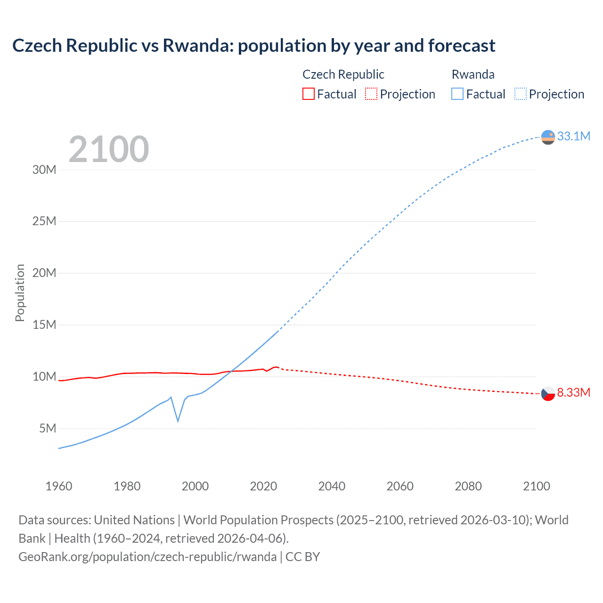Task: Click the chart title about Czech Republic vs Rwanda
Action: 253,46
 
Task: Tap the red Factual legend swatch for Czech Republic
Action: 308,94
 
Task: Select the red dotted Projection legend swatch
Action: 371,94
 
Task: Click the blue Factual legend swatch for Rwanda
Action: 457,94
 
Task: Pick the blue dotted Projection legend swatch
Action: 521,94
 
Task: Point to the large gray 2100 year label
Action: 109,149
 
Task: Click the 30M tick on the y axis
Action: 44,170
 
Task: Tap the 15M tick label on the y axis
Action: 44,325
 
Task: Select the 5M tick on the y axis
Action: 48,428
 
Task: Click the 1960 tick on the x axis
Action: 59,486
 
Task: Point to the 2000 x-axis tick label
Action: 195,486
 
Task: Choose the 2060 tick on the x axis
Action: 400,486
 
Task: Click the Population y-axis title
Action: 20,293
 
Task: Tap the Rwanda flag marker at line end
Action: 548,137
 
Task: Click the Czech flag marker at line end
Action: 548,393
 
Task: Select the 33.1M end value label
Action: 573,136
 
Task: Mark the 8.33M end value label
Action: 573,392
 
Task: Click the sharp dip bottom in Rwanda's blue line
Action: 178,421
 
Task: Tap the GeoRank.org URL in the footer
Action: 147,556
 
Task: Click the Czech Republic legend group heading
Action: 343,74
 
